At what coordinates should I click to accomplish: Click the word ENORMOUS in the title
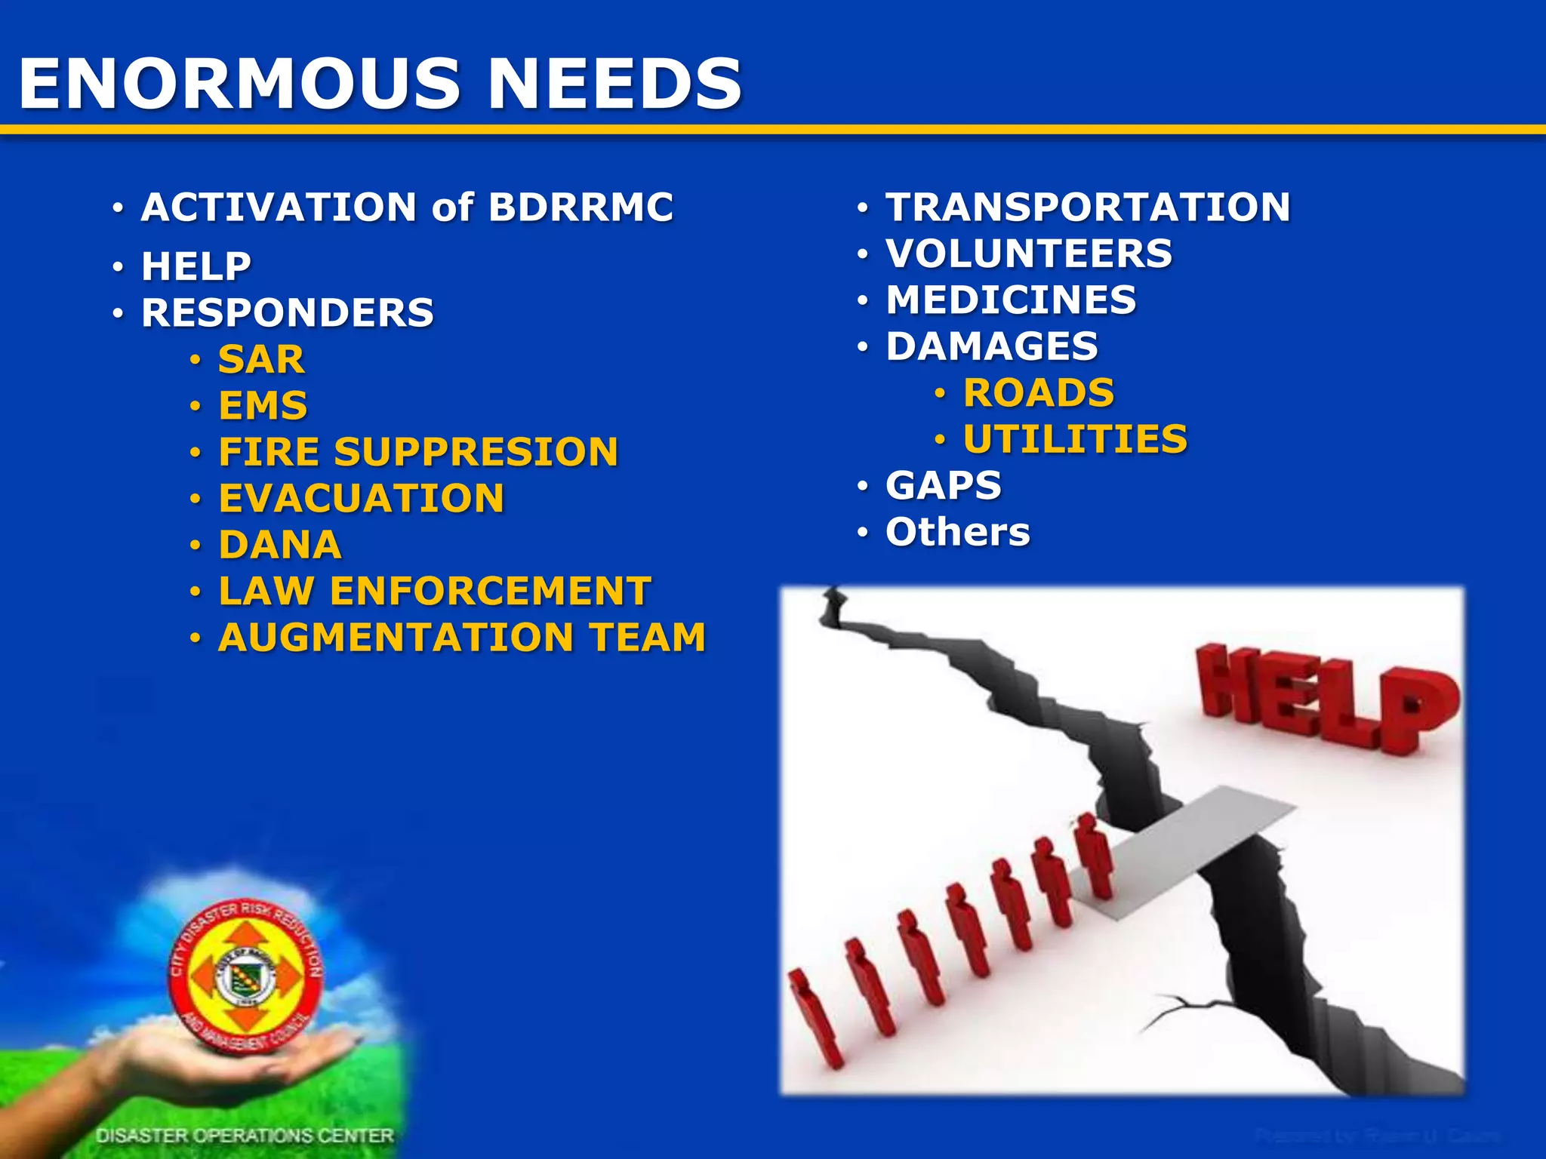coord(240,84)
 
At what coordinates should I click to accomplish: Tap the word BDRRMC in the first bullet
coord(581,208)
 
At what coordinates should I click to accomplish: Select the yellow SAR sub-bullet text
coord(261,359)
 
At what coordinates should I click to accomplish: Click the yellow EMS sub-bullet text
coord(263,406)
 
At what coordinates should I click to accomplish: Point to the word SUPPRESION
coord(476,453)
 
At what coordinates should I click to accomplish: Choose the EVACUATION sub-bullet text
coord(361,499)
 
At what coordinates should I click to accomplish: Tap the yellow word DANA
coord(279,545)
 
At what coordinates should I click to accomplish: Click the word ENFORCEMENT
coord(490,591)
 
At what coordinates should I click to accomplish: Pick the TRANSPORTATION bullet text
coord(1088,208)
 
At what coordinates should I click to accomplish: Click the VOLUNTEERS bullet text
coord(1029,254)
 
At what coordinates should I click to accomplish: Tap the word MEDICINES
coord(1011,300)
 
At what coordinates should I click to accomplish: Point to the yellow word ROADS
coord(1039,393)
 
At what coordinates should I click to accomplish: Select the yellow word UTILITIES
coord(1075,440)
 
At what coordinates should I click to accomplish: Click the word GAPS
coord(944,485)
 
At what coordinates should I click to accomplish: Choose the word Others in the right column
coord(957,532)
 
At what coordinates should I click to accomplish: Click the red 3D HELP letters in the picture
coord(1326,698)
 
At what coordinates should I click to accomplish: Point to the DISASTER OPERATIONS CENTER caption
coord(245,1136)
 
